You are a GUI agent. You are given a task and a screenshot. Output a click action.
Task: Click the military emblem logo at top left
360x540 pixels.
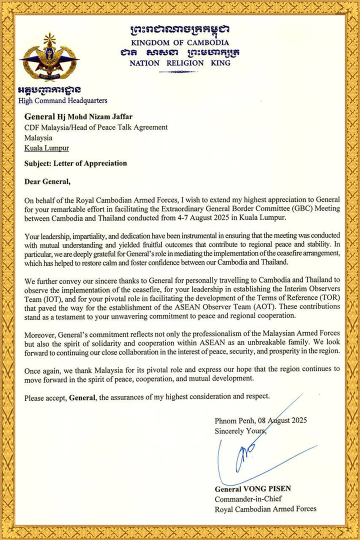(x=49, y=58)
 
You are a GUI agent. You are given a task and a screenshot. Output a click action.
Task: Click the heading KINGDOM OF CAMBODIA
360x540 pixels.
(x=180, y=42)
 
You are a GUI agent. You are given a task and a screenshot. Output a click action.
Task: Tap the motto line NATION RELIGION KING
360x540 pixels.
(x=180, y=63)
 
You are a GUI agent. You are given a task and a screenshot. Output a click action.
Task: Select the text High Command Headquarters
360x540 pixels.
(x=62, y=100)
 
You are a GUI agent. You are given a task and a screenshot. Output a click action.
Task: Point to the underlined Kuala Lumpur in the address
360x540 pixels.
(x=47, y=148)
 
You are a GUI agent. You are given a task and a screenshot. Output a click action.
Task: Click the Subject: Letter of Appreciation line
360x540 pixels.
(x=75, y=163)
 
